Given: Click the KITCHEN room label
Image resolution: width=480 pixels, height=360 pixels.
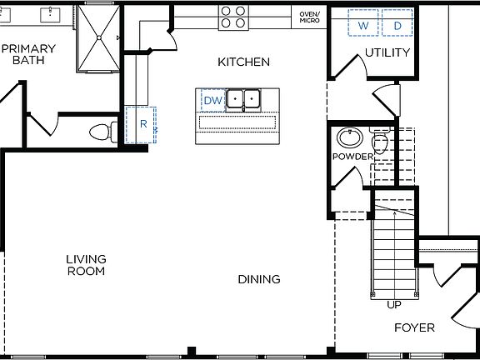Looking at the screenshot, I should coord(243,62).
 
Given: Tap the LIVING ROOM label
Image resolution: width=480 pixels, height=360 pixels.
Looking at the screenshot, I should coord(86,265).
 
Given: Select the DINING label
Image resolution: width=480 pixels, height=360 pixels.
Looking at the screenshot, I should coord(258,279).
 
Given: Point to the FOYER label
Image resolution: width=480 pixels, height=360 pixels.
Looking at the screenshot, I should coord(414,327).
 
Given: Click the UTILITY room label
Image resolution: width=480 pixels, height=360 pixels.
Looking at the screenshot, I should coord(387,53).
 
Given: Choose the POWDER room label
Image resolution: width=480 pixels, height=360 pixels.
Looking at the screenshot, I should coord(352,157).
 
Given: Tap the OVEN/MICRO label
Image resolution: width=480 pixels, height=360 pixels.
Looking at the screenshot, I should coord(309,17).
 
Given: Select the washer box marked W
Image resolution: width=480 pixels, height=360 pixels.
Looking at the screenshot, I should coord(363,26).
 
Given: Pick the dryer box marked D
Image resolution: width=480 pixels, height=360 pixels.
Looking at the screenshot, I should coord(397,26).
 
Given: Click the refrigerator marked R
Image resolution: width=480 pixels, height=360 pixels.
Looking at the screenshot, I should coord(142,124).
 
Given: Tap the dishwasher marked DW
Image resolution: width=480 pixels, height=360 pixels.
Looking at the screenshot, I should coord(212,101).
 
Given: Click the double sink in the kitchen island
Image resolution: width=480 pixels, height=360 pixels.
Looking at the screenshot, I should coord(247,100).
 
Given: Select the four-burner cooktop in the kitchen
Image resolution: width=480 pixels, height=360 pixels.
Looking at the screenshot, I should coord(232,17).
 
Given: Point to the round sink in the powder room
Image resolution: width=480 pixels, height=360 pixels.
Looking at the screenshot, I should coord(348,137).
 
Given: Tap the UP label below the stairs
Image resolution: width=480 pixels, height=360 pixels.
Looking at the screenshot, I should coord(393,305).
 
